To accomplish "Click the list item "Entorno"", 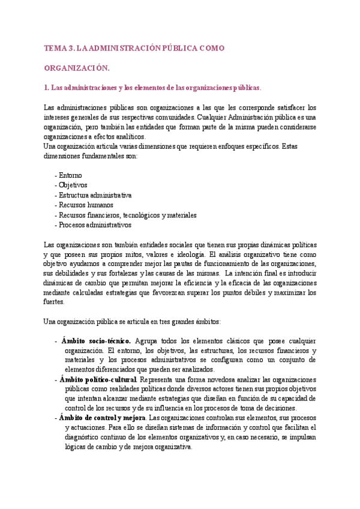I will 70,175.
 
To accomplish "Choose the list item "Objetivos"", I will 73,185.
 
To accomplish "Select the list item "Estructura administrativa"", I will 94,195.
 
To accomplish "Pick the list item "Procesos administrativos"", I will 94,224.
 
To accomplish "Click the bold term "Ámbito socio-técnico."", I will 95,340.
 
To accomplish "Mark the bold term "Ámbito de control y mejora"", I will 102,418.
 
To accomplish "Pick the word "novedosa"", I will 212,379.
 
